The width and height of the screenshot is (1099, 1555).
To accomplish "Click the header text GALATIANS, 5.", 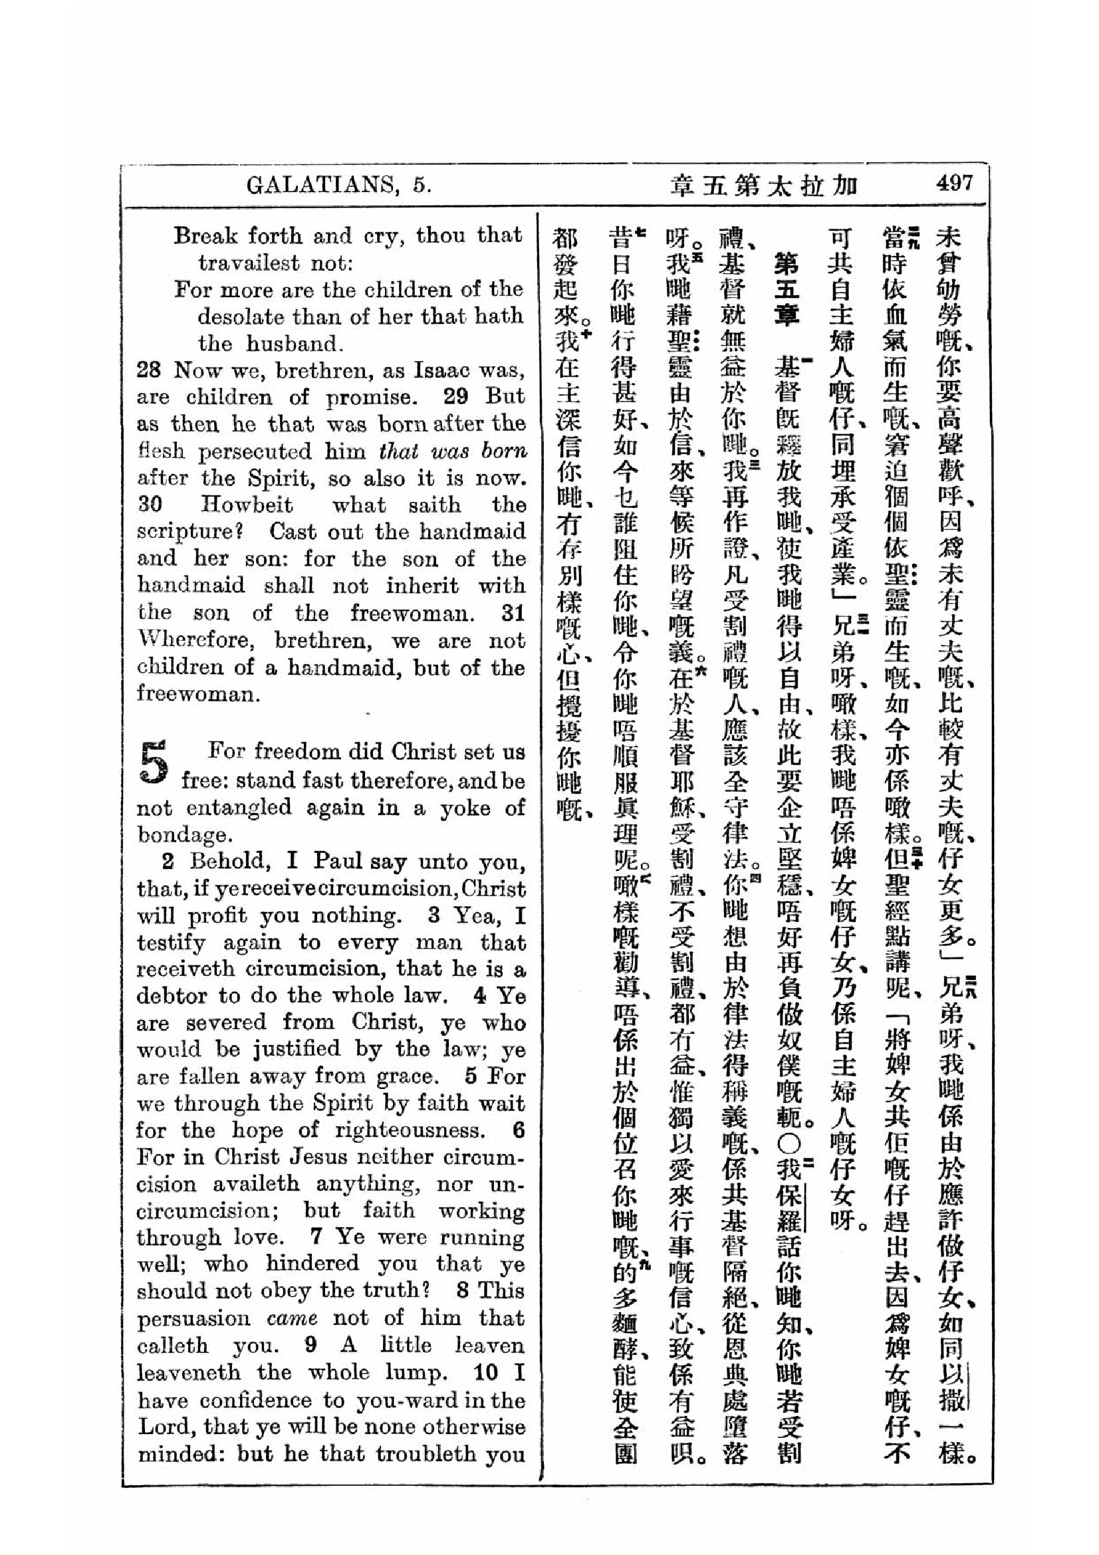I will [x=338, y=185].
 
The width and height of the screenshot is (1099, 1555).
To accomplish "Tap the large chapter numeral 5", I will [x=154, y=763].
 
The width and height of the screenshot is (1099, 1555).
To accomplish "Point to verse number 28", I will [x=149, y=371].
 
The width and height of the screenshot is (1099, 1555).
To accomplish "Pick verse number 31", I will [x=513, y=614].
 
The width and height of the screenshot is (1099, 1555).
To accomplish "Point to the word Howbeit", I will [x=247, y=505].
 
